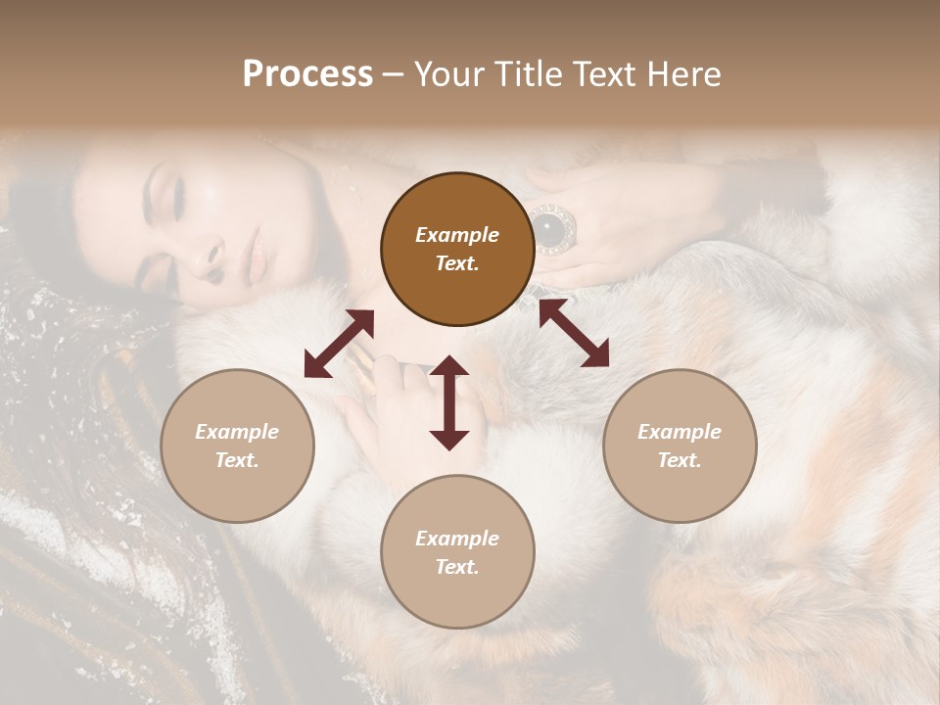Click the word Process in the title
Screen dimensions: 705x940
click(x=307, y=74)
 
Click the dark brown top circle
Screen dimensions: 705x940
click(x=457, y=250)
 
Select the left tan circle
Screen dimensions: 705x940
click(x=237, y=446)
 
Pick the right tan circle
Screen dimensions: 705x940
click(x=680, y=446)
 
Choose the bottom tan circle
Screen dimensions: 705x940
click(x=457, y=552)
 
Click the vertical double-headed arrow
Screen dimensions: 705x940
click(x=449, y=402)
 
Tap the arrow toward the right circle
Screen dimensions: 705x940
click(x=574, y=333)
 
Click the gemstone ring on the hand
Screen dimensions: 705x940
click(x=552, y=230)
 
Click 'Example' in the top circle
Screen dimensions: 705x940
click(x=457, y=235)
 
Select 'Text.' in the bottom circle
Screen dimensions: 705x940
click(x=457, y=567)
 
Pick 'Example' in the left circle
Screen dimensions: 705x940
click(x=237, y=432)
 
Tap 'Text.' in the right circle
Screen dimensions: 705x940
click(x=680, y=460)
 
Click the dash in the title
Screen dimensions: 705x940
click(x=393, y=74)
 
